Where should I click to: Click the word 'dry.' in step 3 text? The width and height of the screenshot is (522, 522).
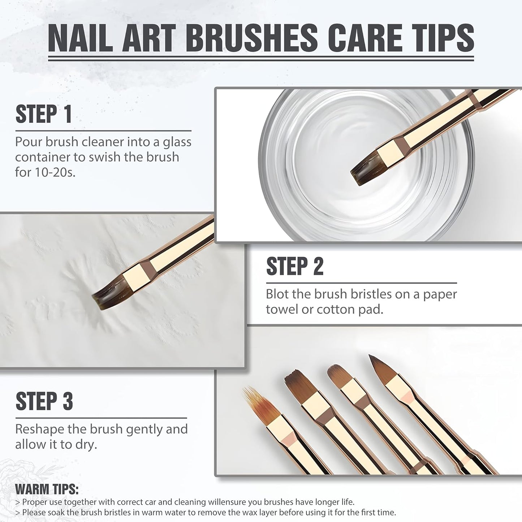pos(85,444)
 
